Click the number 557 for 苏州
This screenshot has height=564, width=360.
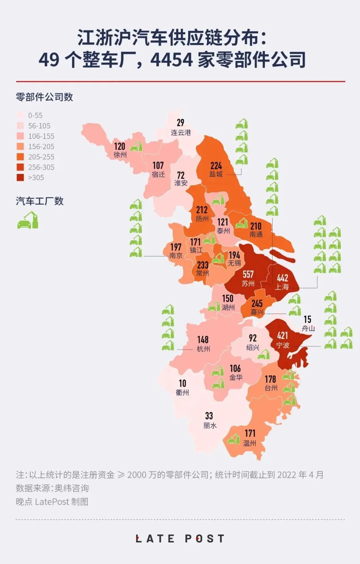[248, 274]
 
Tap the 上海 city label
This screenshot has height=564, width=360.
[282, 287]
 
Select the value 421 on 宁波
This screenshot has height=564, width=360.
[282, 335]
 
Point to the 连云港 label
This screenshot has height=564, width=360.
[181, 133]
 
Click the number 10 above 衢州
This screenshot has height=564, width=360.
[182, 383]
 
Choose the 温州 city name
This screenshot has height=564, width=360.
[250, 443]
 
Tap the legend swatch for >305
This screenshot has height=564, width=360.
[20, 178]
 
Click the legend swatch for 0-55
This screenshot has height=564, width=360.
[20, 115]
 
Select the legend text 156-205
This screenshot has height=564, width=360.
[41, 147]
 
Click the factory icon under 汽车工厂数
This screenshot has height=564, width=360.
[28, 220]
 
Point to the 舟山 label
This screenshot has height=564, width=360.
[308, 328]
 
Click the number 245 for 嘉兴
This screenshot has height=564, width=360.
[257, 303]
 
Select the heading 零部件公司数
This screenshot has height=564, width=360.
[44, 97]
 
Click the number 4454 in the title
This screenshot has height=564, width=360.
[171, 60]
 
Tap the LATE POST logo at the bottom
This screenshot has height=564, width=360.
[180, 539]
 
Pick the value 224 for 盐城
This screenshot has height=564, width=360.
[216, 166]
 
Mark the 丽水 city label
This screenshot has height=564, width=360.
[210, 425]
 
